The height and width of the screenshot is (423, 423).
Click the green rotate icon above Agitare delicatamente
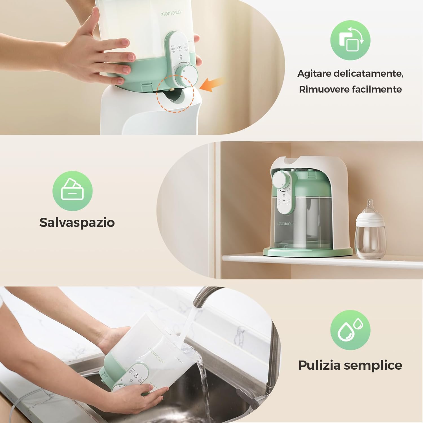click(x=350, y=40)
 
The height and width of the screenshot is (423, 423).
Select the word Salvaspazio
click(x=77, y=222)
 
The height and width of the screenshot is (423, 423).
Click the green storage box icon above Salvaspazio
click(x=72, y=191)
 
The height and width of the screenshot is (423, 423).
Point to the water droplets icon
click(x=350, y=330)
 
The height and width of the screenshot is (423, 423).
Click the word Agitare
click(x=314, y=74)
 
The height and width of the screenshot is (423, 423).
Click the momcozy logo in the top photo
click(x=171, y=13)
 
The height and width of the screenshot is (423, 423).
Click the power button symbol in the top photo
click(x=179, y=47)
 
